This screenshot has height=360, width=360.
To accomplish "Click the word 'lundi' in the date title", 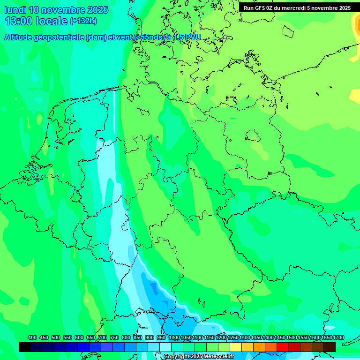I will coord(15,10).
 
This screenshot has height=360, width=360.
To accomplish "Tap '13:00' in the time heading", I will coord(19,21).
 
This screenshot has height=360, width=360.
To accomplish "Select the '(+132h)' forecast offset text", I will coord(83,21).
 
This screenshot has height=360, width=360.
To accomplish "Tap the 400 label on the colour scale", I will coord(32,338).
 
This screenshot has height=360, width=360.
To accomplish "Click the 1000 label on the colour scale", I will coord(174,338).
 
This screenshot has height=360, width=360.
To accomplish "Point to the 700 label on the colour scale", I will coord(103,338).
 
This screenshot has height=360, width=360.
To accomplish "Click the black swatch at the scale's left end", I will coord(25,347).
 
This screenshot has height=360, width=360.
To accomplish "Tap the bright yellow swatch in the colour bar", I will coord(236,347).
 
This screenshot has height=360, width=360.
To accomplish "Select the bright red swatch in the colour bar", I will coord(283,347).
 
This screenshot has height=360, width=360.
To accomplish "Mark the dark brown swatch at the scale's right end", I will coord(330,347).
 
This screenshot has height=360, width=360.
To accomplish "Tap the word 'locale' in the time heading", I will coord(51,21).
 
